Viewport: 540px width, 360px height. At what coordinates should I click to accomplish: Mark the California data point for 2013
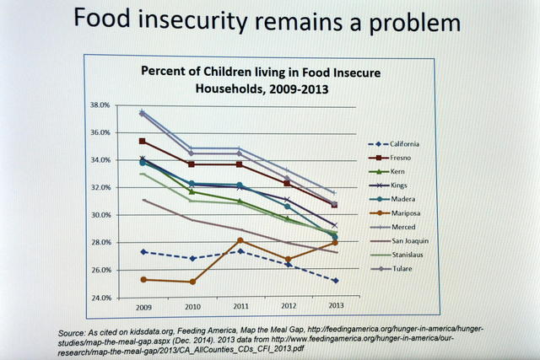(x=335, y=281)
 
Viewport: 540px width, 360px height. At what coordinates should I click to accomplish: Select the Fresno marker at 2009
(x=143, y=141)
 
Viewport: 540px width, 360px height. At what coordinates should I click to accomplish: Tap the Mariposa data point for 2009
(x=143, y=279)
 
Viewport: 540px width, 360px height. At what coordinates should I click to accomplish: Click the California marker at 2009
(x=143, y=252)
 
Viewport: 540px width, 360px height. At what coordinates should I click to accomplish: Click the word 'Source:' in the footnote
(x=74, y=331)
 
